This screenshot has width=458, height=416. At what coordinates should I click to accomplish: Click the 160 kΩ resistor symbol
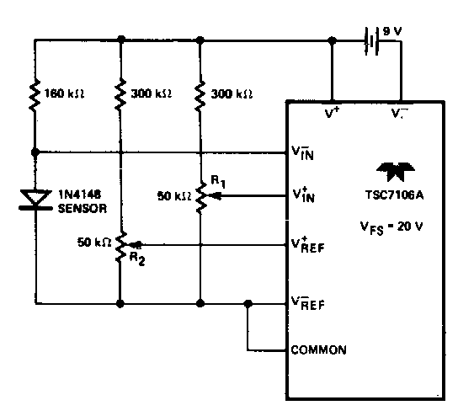point(35,94)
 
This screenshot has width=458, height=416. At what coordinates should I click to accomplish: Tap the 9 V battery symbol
point(371,41)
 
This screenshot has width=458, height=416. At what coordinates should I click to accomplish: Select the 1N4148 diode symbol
point(35,200)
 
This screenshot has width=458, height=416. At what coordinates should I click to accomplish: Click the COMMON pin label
point(319,349)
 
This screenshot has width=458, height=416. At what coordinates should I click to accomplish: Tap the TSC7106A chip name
point(394,195)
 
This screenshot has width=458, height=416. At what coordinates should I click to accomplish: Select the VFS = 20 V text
point(391,227)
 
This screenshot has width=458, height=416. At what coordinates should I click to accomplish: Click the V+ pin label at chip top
point(332,113)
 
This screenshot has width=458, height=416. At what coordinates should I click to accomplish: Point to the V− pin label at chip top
point(399,113)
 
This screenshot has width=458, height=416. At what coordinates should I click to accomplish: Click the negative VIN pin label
point(302,152)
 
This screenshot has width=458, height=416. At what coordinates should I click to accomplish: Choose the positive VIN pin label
point(303,195)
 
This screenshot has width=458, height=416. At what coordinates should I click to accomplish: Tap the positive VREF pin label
point(307,245)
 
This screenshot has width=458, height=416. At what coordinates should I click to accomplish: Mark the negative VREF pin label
point(307,303)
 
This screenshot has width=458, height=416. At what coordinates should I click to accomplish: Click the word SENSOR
point(83,209)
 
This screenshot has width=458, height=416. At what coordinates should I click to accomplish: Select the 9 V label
point(392,31)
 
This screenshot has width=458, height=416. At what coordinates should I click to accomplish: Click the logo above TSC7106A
point(395,171)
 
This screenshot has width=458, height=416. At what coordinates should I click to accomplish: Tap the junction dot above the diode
point(35,152)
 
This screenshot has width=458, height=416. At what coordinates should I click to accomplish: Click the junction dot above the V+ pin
point(332,41)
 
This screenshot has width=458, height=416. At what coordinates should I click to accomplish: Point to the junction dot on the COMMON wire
point(248,304)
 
